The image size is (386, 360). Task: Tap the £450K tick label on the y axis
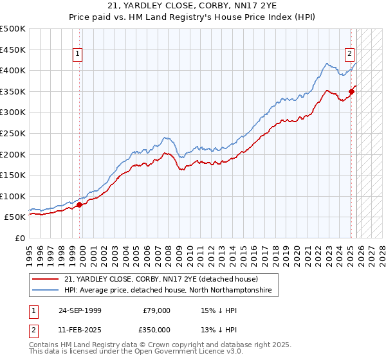13,50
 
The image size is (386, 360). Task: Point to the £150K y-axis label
13,175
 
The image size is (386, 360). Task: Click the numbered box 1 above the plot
77,55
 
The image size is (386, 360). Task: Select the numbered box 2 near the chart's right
349,55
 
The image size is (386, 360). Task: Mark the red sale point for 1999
80,205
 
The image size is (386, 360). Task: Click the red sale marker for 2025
351,91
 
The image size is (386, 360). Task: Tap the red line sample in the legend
46,280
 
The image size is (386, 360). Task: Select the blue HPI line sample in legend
46,291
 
